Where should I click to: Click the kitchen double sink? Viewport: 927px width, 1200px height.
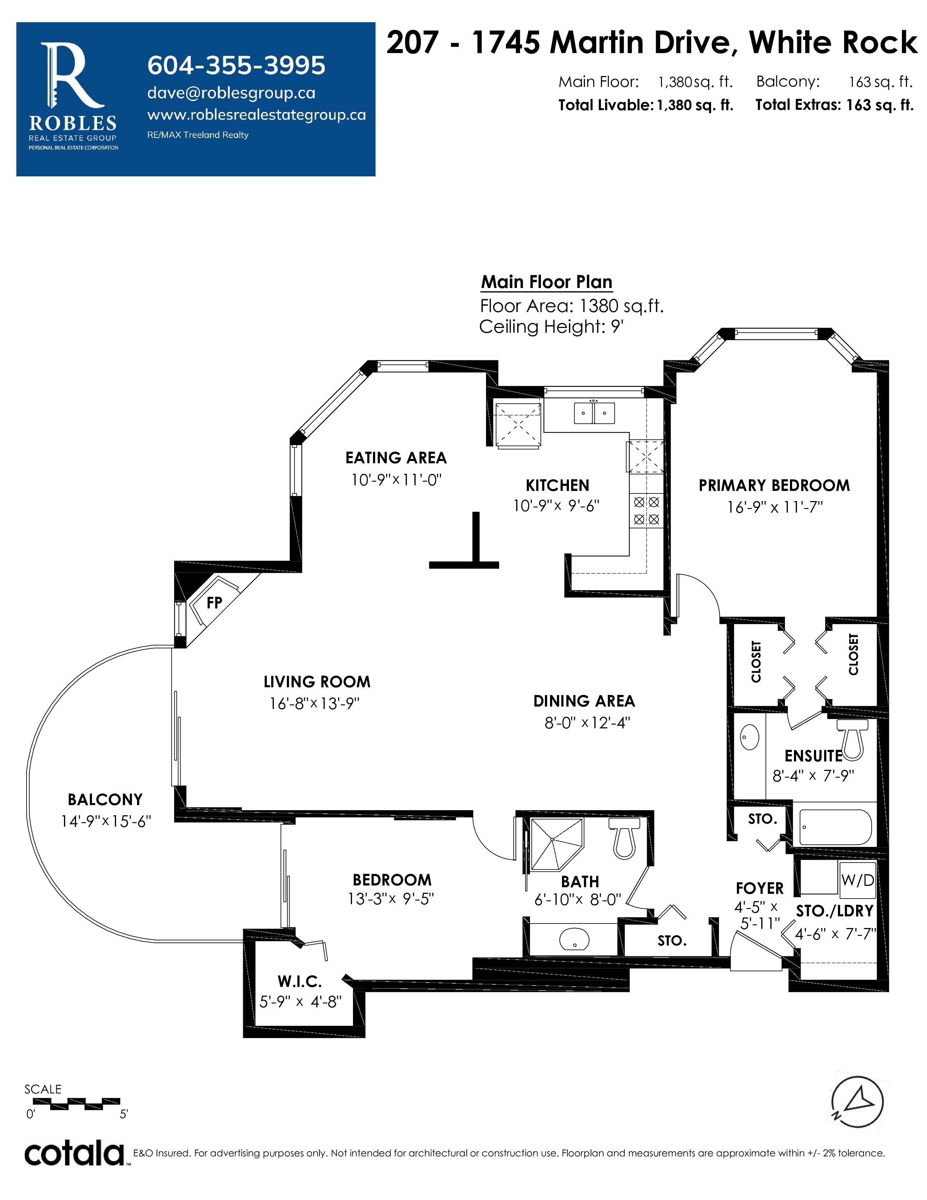coord(594,413)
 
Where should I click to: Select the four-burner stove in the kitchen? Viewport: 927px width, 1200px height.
coord(646,511)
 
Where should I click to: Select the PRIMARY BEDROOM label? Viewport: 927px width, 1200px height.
coord(774,486)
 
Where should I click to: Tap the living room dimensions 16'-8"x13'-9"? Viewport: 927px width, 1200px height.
coord(314,703)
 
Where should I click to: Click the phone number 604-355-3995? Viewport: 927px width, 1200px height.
coord(236,65)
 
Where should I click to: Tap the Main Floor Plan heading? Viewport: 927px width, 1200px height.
coord(546,282)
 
